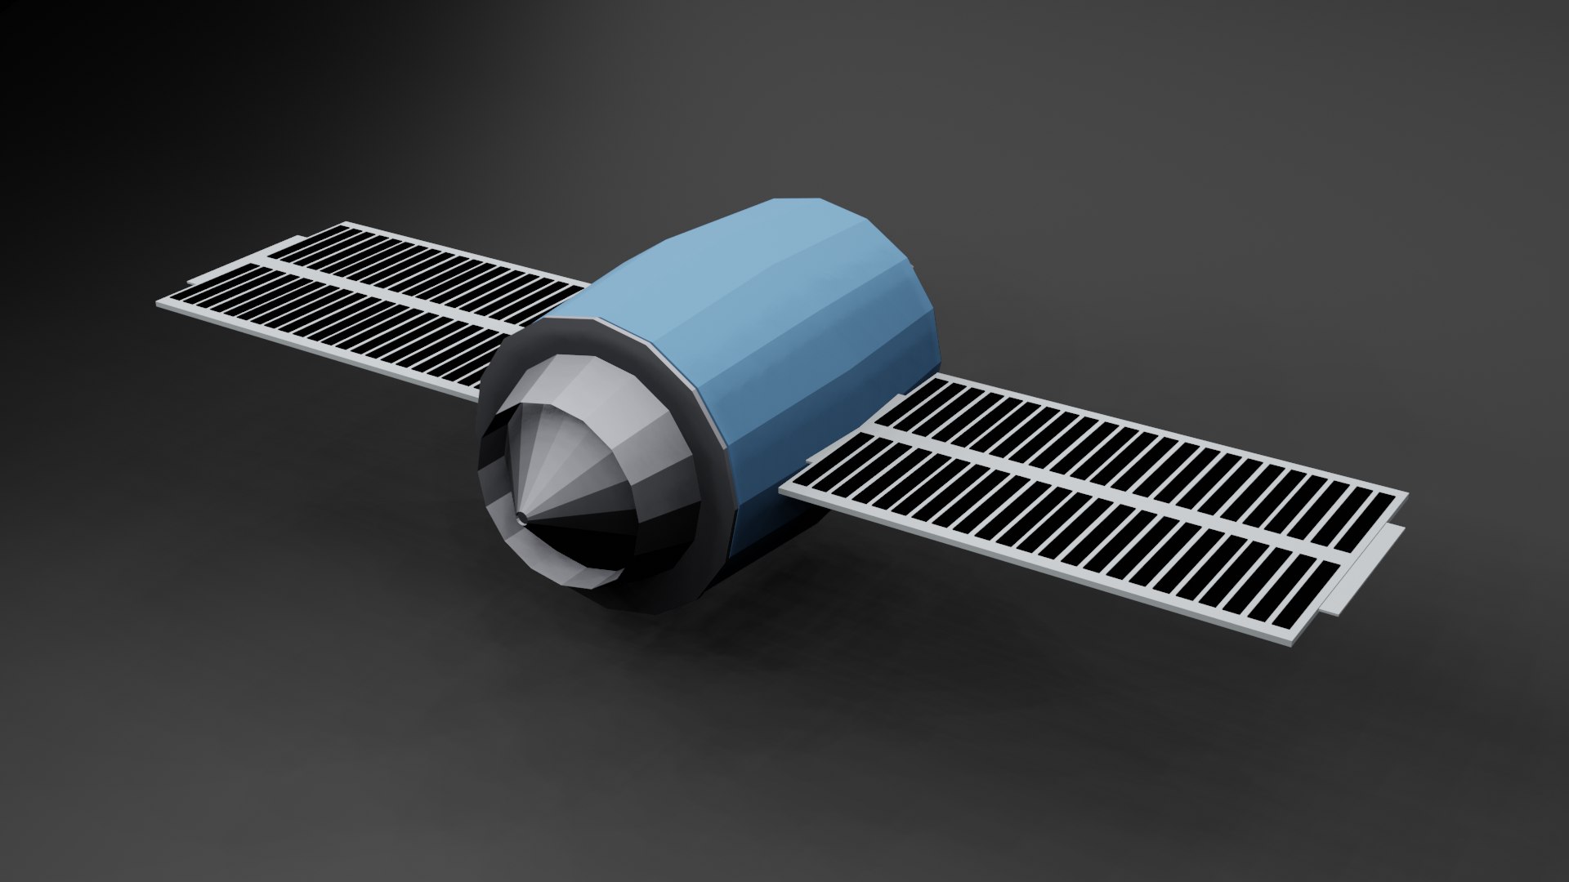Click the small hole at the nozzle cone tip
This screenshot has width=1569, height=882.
tap(521, 516)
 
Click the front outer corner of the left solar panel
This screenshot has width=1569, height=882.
tap(159, 305)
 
